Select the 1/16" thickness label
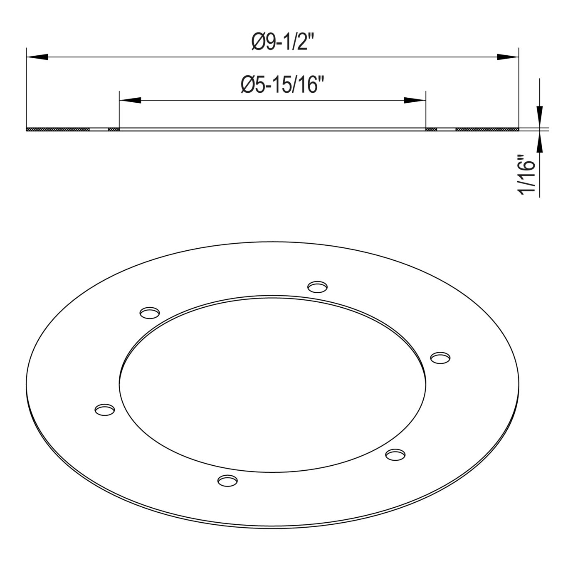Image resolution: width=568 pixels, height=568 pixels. pos(525,175)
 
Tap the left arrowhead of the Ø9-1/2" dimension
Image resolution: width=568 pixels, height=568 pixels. pos(37,57)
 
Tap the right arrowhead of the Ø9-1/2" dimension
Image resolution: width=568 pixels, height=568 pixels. pos(507,57)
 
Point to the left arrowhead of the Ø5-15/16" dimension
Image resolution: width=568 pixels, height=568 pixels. pos(130,100)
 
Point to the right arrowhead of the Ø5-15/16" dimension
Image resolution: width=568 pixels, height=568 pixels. pos(415,100)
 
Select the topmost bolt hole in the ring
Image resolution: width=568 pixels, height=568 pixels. pos(317,286)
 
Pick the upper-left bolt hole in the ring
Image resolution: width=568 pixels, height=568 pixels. pos(150,312)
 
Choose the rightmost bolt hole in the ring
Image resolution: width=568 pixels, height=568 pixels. pos(440,357)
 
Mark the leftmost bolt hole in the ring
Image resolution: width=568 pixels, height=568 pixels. pos(105,410)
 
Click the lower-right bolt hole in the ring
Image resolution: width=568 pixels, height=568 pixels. pos(395,454)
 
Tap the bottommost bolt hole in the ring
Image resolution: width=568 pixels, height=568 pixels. pos(227,481)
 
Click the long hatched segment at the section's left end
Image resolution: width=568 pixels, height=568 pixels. pos(58,129)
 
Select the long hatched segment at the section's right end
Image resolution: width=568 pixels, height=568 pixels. pos(487,129)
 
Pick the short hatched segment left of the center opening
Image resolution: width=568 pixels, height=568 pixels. pos(114,129)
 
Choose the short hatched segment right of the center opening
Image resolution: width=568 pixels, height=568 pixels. pos(431,129)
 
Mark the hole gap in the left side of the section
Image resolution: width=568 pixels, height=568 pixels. pos(99,129)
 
